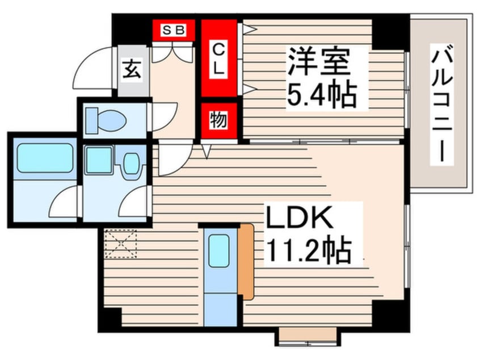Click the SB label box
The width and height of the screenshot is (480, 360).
173,30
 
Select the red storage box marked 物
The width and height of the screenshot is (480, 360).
218,120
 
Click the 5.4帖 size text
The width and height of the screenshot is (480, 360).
322,94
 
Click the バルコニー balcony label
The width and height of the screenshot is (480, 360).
442,106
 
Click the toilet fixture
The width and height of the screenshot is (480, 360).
107,119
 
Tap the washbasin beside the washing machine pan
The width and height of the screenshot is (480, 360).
132,163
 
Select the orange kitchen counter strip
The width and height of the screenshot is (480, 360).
246,261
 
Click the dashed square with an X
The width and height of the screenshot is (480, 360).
121,242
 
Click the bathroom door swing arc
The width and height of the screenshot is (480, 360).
63,202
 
